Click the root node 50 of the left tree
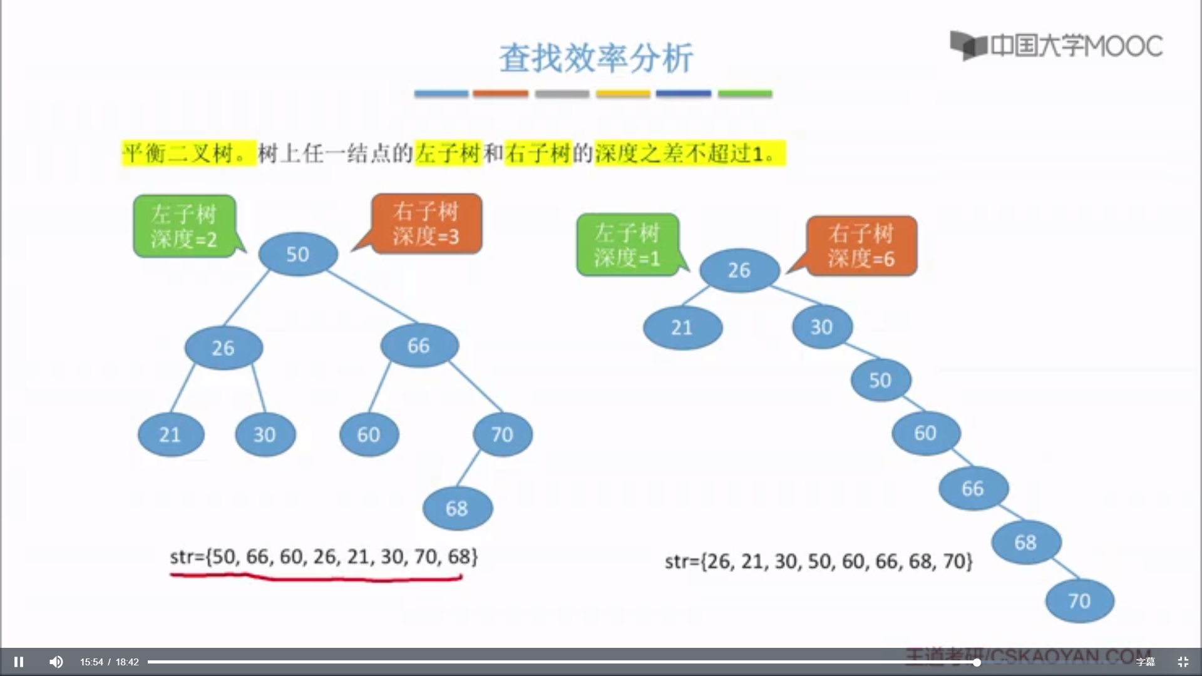tap(298, 254)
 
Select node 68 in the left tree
tap(458, 508)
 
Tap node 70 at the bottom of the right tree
tap(1079, 601)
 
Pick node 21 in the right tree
tap(682, 327)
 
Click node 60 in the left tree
tap(369, 434)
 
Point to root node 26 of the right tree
tap(739, 270)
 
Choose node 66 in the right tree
tap(973, 488)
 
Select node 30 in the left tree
tap(265, 434)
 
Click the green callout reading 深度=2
tap(184, 226)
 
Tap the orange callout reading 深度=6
tap(861, 246)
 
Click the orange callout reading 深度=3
tap(426, 223)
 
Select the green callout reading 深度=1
tap(627, 245)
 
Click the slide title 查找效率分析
tap(596, 58)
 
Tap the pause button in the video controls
tap(19, 662)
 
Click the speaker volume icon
tap(56, 662)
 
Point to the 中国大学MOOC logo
tap(1057, 46)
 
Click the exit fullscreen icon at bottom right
tap(1183, 662)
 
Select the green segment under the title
tap(745, 94)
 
